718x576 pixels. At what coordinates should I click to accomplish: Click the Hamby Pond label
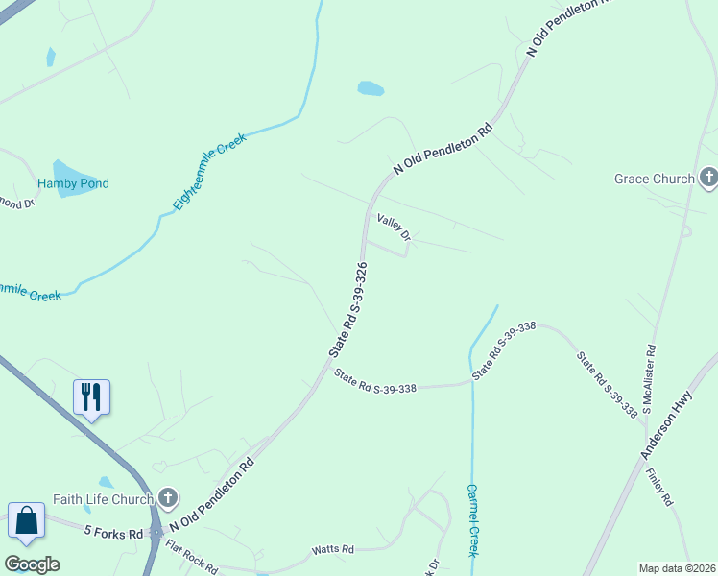[x=73, y=183]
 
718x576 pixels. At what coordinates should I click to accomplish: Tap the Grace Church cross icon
[x=708, y=178]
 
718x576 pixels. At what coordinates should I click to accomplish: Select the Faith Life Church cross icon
[x=168, y=497]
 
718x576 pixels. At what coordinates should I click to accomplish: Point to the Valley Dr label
[x=394, y=228]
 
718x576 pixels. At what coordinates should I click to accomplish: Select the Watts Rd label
[x=332, y=550]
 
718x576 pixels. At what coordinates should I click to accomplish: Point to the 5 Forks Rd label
[x=113, y=532]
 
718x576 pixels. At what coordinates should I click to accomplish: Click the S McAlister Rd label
[x=649, y=379]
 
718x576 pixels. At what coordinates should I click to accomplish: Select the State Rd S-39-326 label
[x=348, y=309]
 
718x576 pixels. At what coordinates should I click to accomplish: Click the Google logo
[x=32, y=564]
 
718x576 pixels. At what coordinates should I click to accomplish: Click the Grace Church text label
[x=654, y=179]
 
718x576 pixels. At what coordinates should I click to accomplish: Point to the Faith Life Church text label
[x=103, y=498]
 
